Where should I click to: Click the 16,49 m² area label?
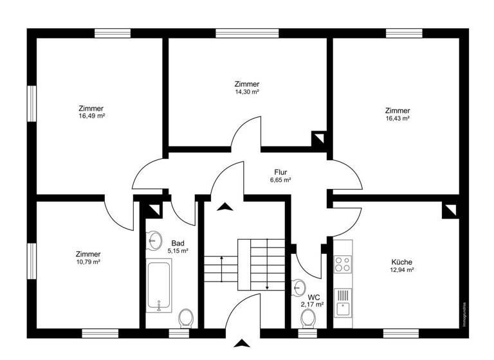pos(91,116)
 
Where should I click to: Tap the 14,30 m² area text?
pos(247,92)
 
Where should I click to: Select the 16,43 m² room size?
pos(398,118)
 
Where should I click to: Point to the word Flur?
pos(280,172)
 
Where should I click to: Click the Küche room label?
pos(401,262)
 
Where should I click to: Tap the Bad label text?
pos(178,242)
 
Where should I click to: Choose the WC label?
pos(315,297)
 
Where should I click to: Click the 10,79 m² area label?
pos(87,262)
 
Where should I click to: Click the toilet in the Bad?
pos(186,317)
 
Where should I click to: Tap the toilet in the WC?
pos(308,317)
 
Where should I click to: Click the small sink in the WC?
pos(299,287)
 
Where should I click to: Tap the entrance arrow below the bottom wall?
pos(242,344)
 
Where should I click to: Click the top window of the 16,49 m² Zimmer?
pos(113,33)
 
